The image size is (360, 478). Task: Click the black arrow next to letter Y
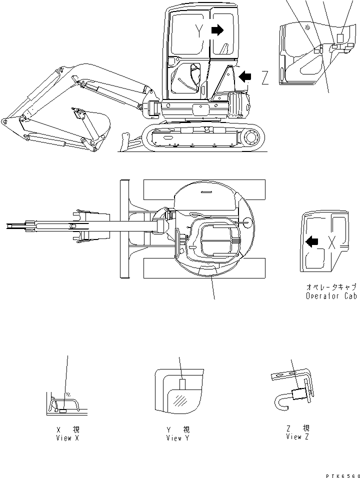point(217,31)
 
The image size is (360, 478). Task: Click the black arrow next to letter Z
point(245,76)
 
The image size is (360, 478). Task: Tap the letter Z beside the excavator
point(265,77)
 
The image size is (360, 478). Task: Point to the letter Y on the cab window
point(200,32)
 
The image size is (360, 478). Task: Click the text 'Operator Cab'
point(331,296)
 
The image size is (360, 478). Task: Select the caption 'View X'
point(68,437)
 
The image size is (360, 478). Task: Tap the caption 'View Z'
point(297,436)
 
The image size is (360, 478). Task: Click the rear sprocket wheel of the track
point(252,136)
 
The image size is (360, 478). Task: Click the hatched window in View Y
point(181,400)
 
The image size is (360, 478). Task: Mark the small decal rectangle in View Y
point(182,383)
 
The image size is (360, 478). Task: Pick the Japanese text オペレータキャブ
point(331,287)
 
